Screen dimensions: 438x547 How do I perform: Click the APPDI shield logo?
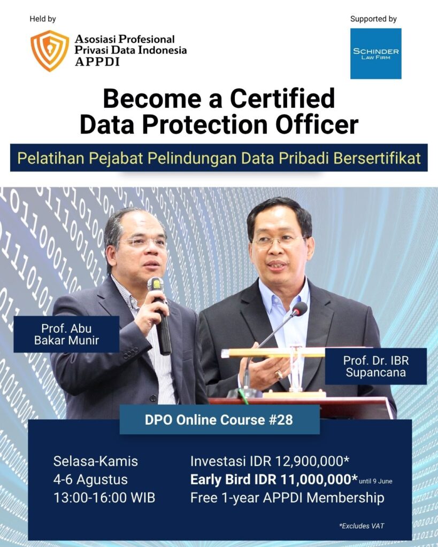[x=50, y=51]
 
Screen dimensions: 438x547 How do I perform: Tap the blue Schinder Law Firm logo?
[x=376, y=54]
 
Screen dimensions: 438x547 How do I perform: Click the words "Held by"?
[x=43, y=19]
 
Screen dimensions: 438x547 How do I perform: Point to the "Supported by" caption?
[x=373, y=19]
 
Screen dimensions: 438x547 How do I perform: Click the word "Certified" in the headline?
[x=282, y=98]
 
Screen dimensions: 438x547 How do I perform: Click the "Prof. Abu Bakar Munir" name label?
[x=66, y=334]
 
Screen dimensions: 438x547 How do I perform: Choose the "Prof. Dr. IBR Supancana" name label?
[x=376, y=366]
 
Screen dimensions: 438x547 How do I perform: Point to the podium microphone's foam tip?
[x=299, y=309]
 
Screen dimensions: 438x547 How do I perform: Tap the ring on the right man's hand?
[x=279, y=375]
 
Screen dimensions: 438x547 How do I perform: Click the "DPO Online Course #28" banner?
[x=219, y=420]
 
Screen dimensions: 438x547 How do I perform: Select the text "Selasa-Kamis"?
[x=95, y=461]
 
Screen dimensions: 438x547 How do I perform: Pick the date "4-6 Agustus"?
[x=90, y=480]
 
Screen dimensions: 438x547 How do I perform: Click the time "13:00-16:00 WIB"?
[x=104, y=498]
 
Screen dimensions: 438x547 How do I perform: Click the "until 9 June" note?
[x=376, y=481]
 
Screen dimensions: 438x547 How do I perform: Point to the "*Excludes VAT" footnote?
[x=362, y=526]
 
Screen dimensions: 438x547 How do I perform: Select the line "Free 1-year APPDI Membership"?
[x=287, y=498]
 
